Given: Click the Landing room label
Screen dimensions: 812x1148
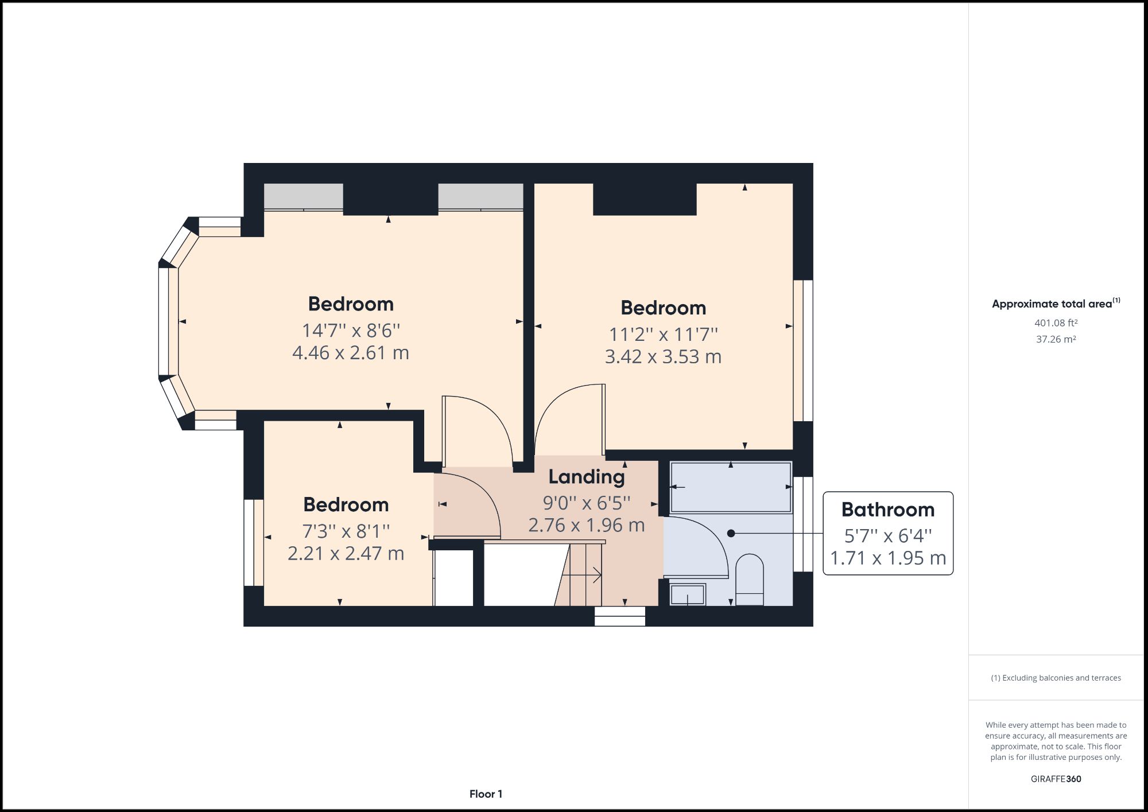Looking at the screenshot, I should [586, 477].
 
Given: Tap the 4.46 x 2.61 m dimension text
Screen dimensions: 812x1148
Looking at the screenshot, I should [351, 352].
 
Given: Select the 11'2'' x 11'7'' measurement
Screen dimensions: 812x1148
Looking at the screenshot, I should [663, 334].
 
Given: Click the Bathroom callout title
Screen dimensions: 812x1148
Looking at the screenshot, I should [887, 510].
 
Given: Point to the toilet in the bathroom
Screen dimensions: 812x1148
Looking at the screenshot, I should [750, 579].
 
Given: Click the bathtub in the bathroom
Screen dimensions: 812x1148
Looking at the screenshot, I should [731, 487].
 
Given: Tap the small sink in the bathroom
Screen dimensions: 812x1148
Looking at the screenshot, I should [688, 595].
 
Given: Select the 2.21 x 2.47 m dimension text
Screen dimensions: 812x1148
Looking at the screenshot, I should [346, 553].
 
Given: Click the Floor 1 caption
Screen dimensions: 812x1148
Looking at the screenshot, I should [486, 794].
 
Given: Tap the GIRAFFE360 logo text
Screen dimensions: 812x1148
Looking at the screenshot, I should [1056, 779].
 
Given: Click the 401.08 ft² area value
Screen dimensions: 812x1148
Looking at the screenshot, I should [1056, 323].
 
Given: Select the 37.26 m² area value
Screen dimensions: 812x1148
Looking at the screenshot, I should [1056, 339].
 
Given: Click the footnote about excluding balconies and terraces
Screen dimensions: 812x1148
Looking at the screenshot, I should [1056, 678].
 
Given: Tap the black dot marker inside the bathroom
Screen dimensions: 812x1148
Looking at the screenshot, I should [731, 533].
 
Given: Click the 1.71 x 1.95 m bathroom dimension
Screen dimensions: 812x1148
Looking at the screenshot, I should [887, 558].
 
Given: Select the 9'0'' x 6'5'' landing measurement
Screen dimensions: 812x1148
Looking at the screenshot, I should [586, 503].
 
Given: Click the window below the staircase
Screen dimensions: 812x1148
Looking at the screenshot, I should [620, 616].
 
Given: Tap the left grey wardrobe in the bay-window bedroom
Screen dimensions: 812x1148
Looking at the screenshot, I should [303, 197].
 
